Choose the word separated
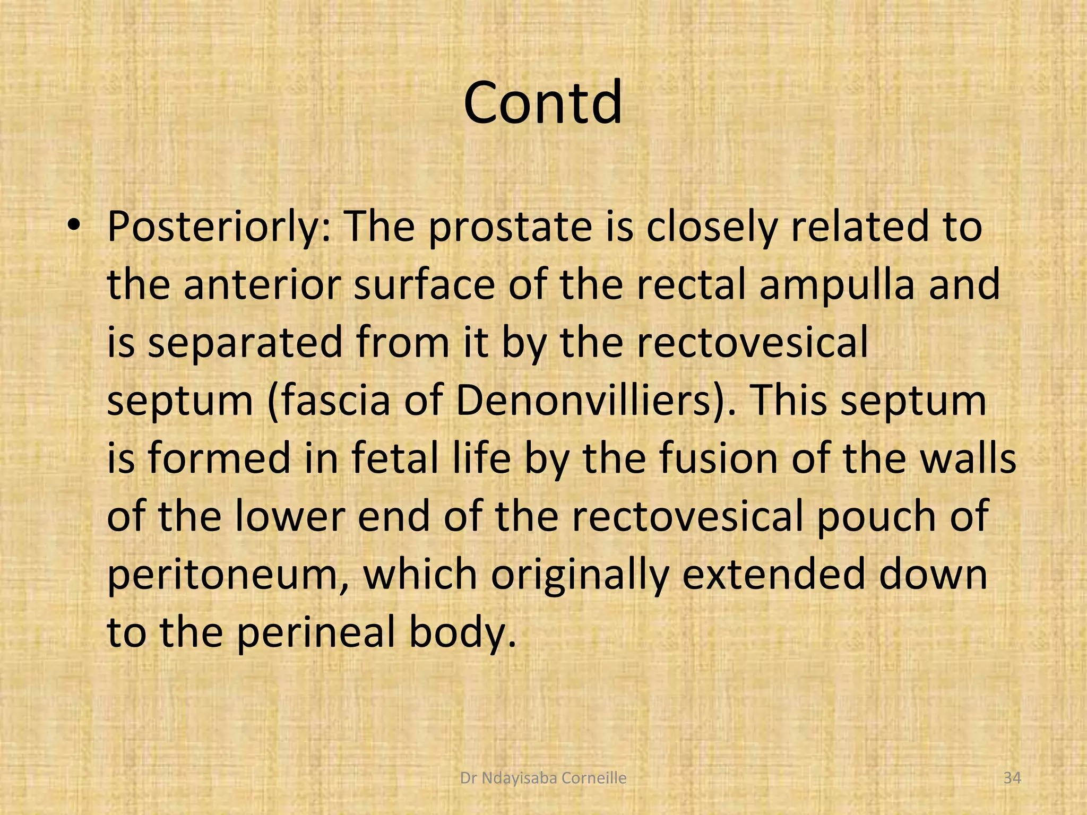pyautogui.click(x=245, y=343)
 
